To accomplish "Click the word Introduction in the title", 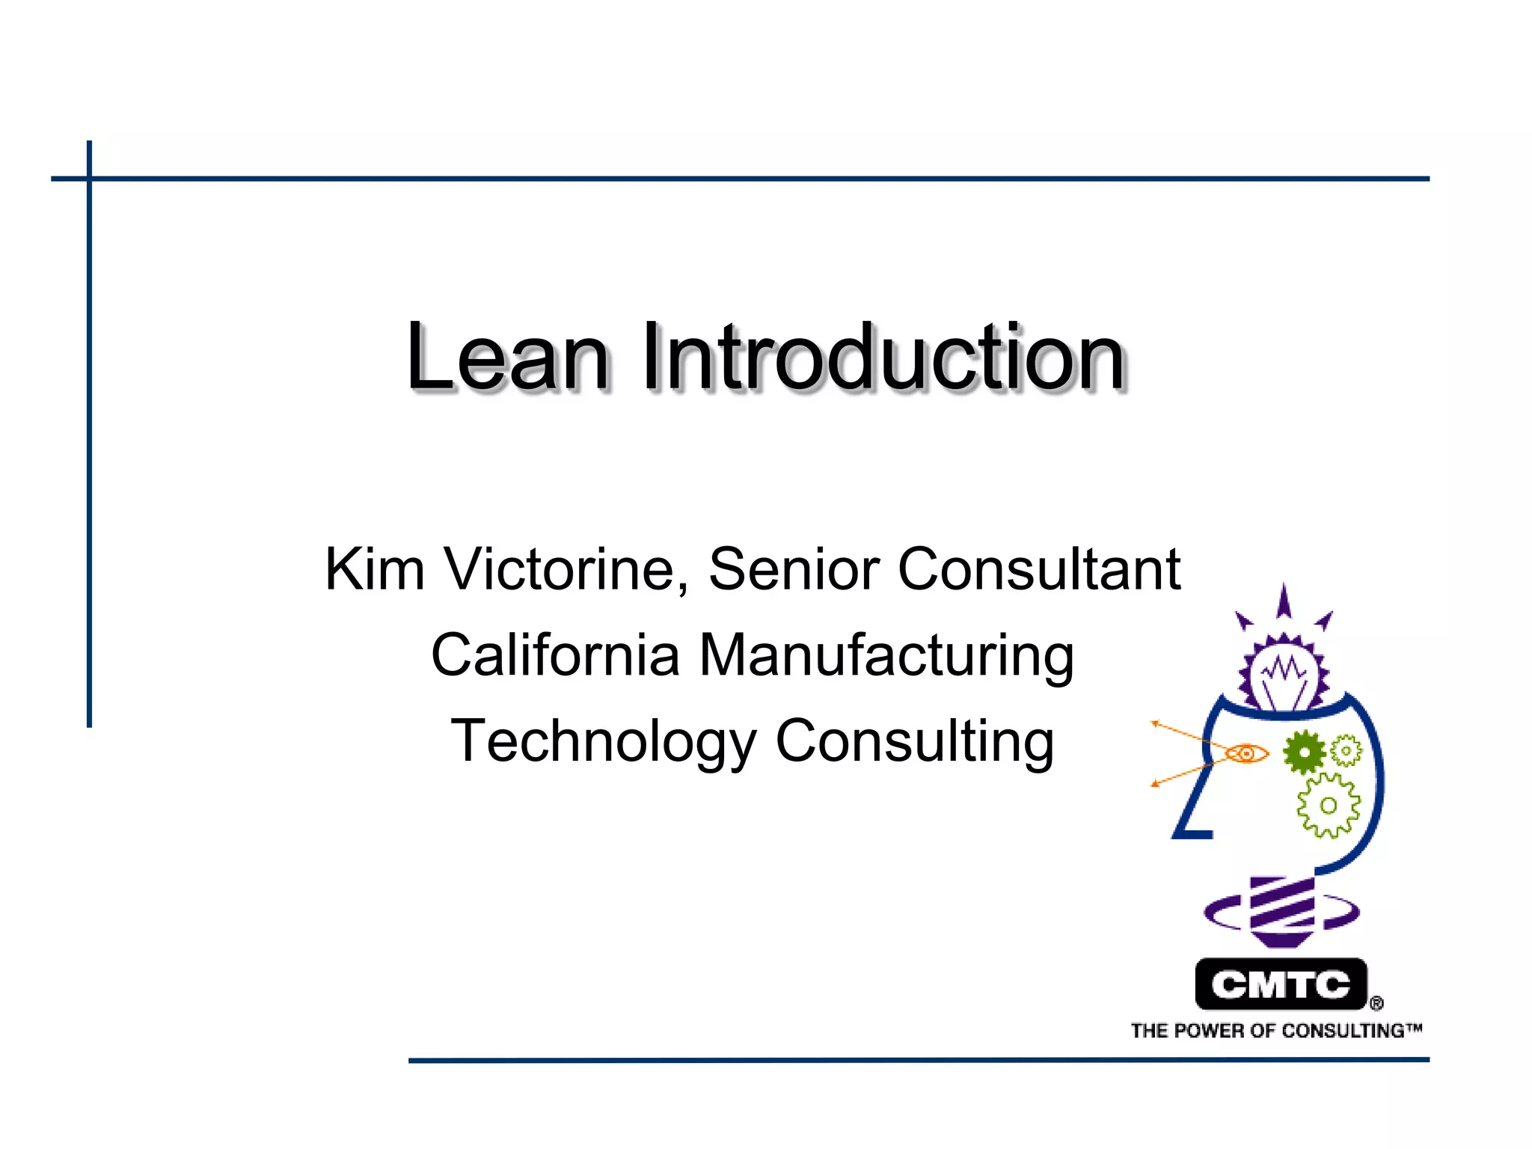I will coord(883,357).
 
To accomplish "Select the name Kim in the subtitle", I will coord(375,569).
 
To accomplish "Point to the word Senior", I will coord(794,569).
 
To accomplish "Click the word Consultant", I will coord(1039,569).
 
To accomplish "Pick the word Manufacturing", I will coord(886,655).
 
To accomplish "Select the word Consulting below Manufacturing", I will coord(915,741).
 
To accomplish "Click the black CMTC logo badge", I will coord(1281,984).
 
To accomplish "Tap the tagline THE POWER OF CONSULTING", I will coord(1275,1031).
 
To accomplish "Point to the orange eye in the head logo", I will coord(1247,753).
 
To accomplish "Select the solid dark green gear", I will coord(1304,752).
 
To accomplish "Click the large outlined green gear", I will coord(1329,806).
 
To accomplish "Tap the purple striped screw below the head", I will coord(1282,910).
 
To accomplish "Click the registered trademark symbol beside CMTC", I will coord(1376,1003).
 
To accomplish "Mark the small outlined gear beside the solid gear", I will coord(1346,750).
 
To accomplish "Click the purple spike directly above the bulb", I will coord(1284,602).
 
